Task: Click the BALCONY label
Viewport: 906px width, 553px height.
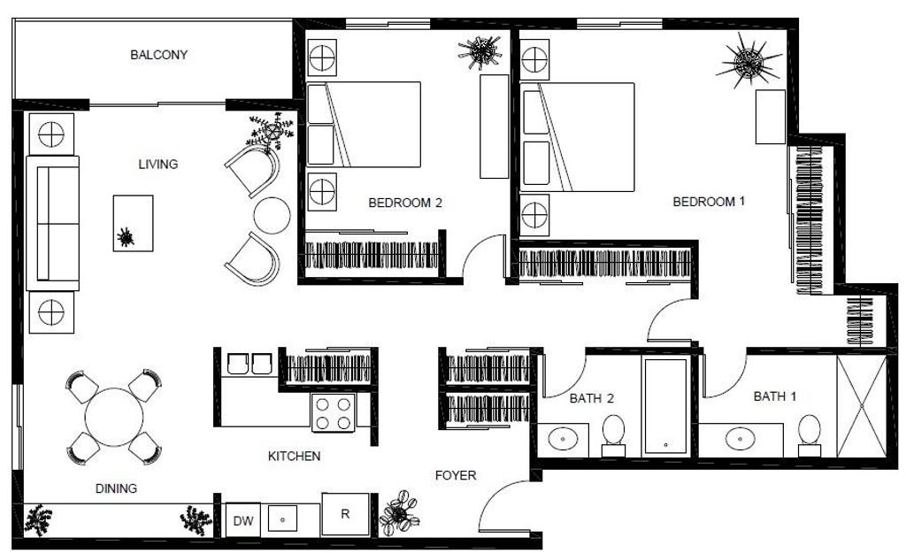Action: click(158, 55)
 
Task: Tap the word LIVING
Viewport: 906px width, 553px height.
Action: click(158, 164)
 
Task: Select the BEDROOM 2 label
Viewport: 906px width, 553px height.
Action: click(404, 203)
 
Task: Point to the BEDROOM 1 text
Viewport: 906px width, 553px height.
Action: click(709, 202)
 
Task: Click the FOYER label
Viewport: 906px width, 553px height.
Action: click(456, 476)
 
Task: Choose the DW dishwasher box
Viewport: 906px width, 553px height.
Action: click(243, 521)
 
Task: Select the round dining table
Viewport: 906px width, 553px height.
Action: click(114, 418)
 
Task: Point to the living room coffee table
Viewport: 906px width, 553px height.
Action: click(133, 222)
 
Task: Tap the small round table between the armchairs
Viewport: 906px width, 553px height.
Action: click(272, 215)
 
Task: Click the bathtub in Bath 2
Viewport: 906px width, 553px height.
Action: click(665, 406)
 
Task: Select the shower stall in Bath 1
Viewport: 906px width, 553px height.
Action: click(861, 404)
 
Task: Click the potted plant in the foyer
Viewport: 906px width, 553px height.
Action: click(399, 513)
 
